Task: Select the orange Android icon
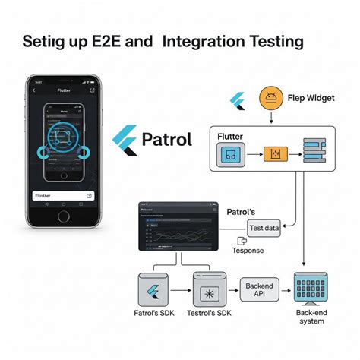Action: tap(270, 97)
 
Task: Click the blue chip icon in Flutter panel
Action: tap(230, 155)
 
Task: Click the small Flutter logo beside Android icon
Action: tap(239, 99)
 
